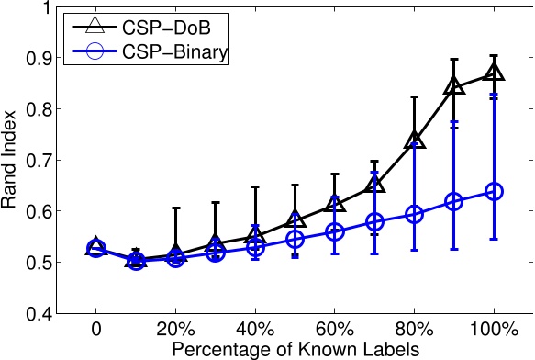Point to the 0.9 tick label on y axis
pyautogui.click(x=39, y=58)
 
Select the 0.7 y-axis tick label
pyautogui.click(x=39, y=161)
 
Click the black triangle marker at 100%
pyautogui.click(x=494, y=72)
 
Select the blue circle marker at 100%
pyautogui.click(x=494, y=191)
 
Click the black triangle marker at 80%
pyautogui.click(x=414, y=140)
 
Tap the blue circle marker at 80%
pyautogui.click(x=414, y=214)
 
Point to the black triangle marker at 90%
pyautogui.click(x=453, y=86)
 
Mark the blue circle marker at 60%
pyautogui.click(x=334, y=232)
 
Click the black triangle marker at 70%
pyautogui.click(x=374, y=185)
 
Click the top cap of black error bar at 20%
pyautogui.click(x=175, y=208)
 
